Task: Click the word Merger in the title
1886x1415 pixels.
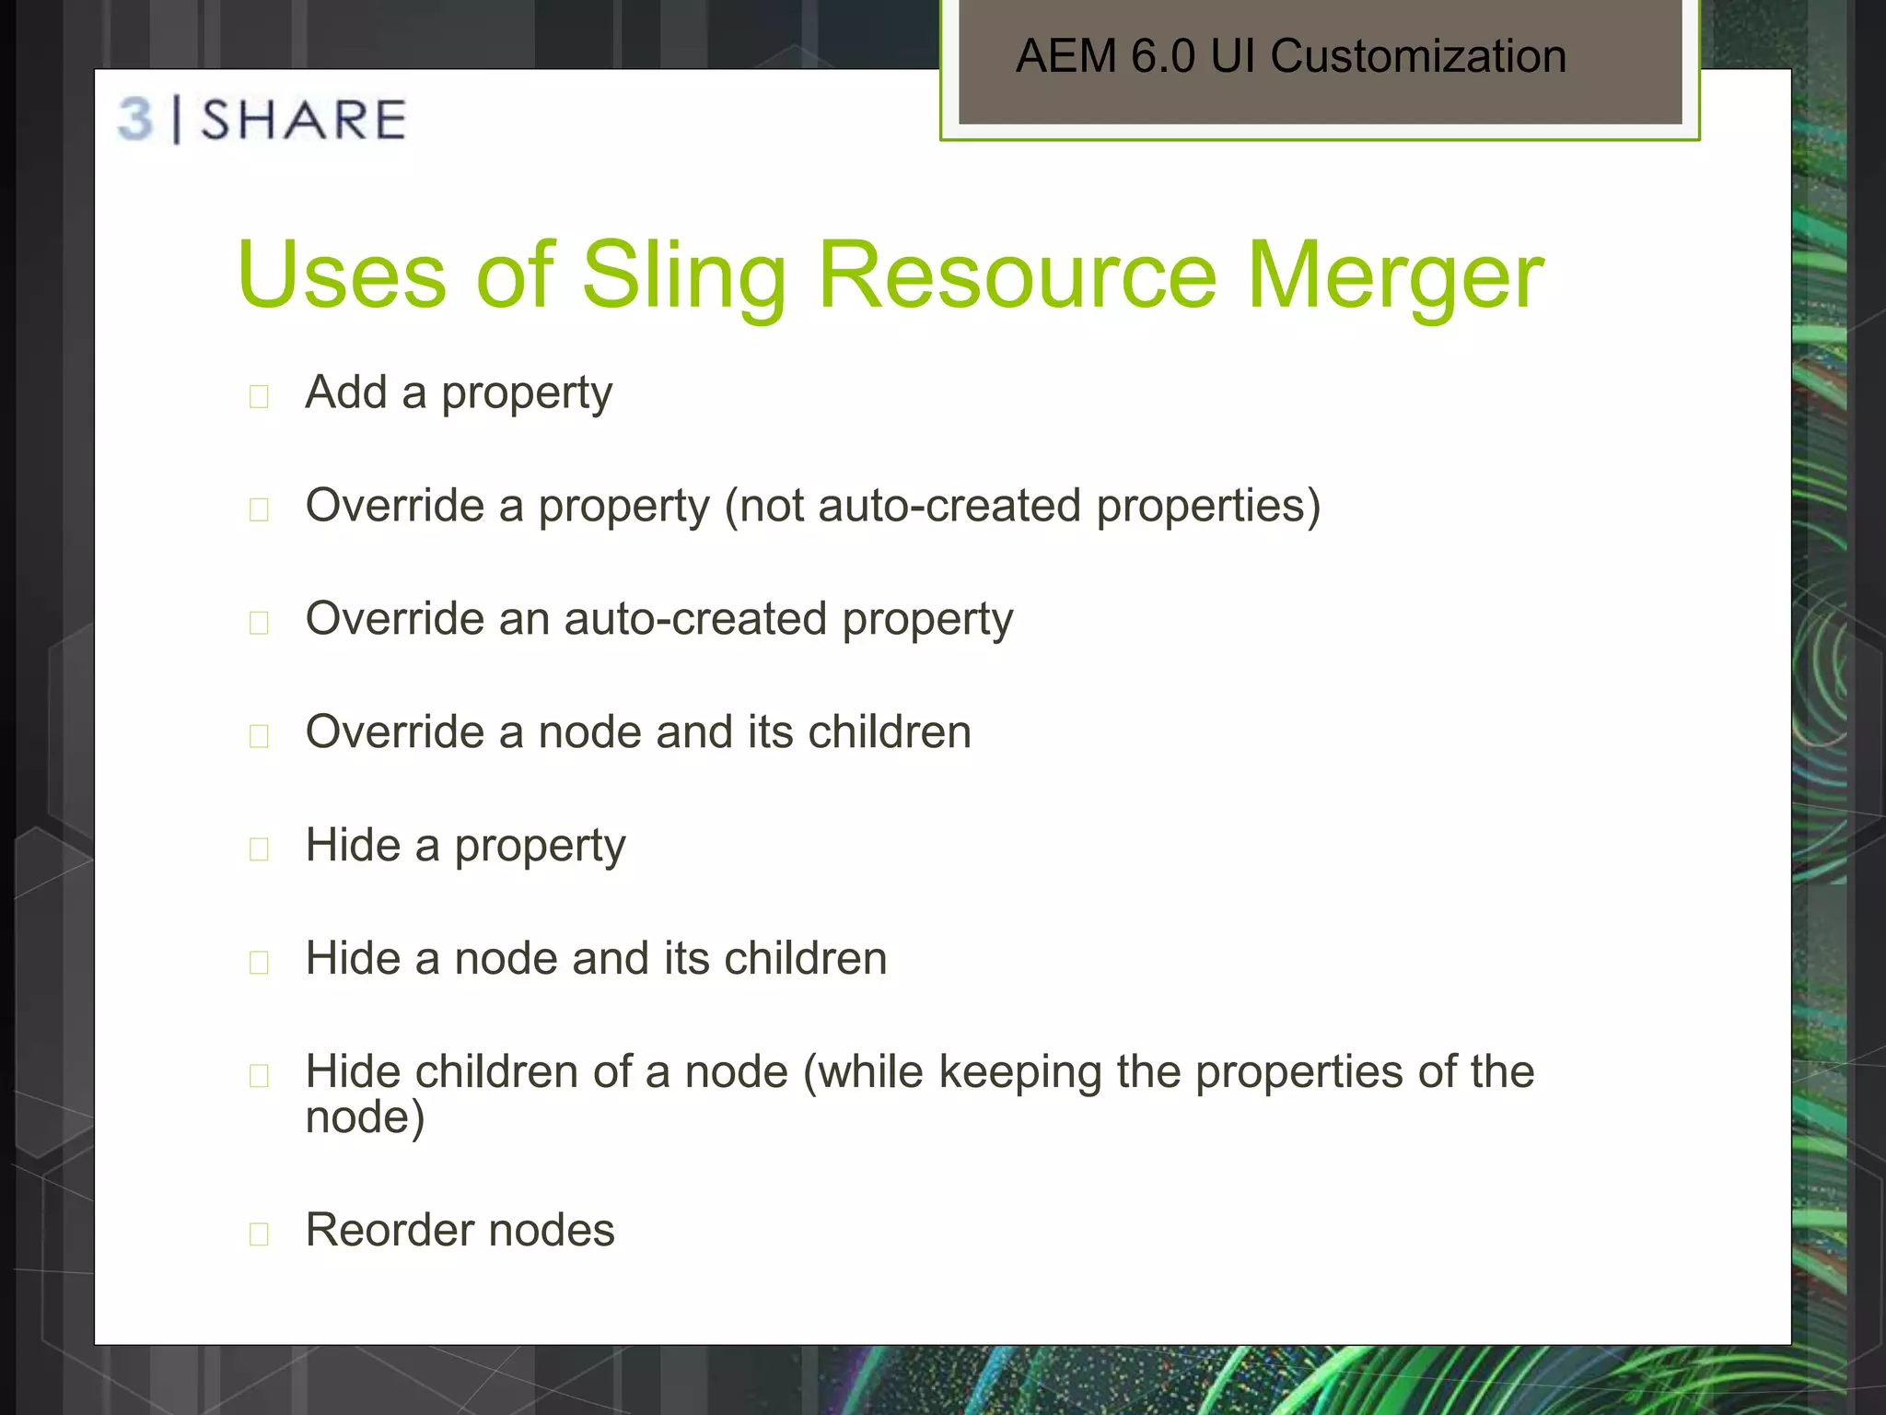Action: point(1394,275)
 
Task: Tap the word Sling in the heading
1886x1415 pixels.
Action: point(683,275)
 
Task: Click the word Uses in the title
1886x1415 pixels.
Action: point(341,275)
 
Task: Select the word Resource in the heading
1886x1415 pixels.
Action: point(1018,275)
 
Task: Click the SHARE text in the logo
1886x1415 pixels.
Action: point(303,120)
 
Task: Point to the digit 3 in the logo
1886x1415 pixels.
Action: point(136,120)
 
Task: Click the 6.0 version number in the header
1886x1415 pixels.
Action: point(1163,56)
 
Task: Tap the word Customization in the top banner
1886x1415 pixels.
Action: point(1418,56)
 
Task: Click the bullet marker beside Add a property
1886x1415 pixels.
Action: point(259,396)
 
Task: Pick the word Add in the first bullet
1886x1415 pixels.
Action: point(346,392)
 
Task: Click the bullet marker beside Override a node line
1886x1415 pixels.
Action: point(259,736)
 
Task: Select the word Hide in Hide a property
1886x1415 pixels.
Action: point(353,845)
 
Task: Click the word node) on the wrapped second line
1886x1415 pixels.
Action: point(365,1117)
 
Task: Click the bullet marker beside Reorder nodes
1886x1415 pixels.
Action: point(259,1234)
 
